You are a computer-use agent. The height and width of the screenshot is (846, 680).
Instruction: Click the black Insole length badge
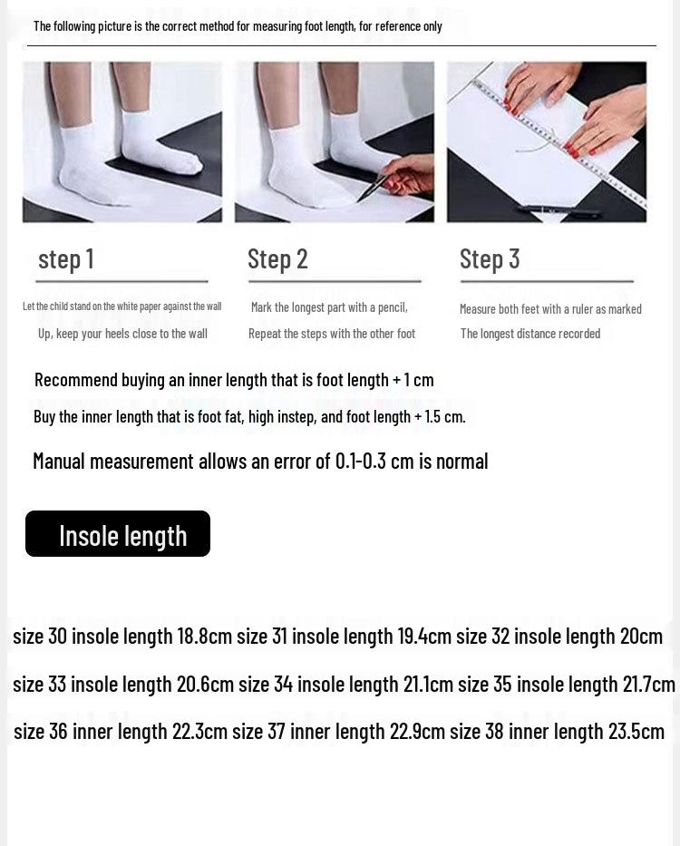(x=118, y=534)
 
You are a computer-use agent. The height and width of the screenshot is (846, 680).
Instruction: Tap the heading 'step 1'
(x=66, y=259)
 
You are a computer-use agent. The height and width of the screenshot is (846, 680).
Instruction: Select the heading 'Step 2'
(x=277, y=259)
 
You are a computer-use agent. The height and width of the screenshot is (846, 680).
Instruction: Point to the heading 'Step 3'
(x=490, y=259)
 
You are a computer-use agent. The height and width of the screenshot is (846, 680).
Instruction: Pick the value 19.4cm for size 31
(x=424, y=636)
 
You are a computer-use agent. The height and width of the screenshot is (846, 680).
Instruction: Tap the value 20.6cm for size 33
(x=205, y=684)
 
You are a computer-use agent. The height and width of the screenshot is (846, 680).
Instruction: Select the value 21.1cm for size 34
(x=428, y=684)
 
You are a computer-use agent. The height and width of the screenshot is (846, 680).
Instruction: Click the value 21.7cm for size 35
(x=648, y=684)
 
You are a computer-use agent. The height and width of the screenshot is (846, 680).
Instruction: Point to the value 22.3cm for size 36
(x=199, y=731)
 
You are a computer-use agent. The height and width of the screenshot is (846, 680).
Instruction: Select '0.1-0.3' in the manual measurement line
(x=361, y=461)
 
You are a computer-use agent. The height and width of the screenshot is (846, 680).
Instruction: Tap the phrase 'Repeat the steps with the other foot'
(x=332, y=334)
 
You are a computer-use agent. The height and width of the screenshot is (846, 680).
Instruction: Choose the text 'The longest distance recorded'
(x=530, y=334)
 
